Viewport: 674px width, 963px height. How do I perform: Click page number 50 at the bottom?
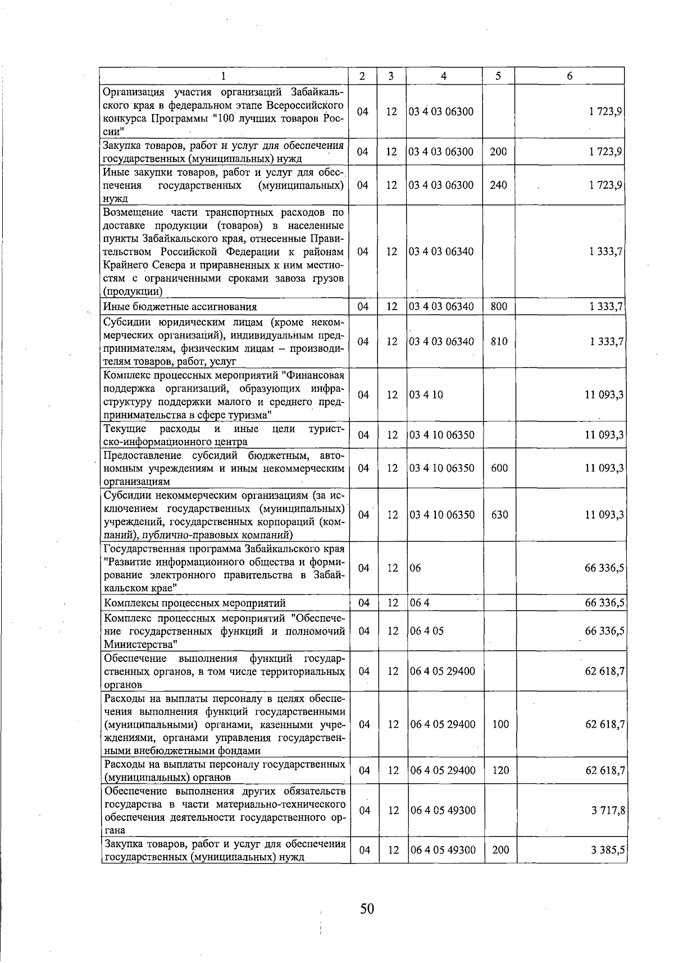367,909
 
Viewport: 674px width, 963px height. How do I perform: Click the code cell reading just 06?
416,568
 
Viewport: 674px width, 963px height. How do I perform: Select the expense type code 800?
498,307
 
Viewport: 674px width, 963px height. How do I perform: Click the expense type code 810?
498,342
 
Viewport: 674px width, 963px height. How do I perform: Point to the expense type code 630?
499,515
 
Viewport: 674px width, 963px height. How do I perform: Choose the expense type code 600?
499,468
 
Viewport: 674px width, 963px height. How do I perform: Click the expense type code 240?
498,185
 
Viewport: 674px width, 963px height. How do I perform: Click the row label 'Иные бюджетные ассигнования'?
180,307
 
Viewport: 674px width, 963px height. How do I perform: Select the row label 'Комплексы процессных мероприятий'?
195,603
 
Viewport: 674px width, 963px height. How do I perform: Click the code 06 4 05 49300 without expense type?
443,810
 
